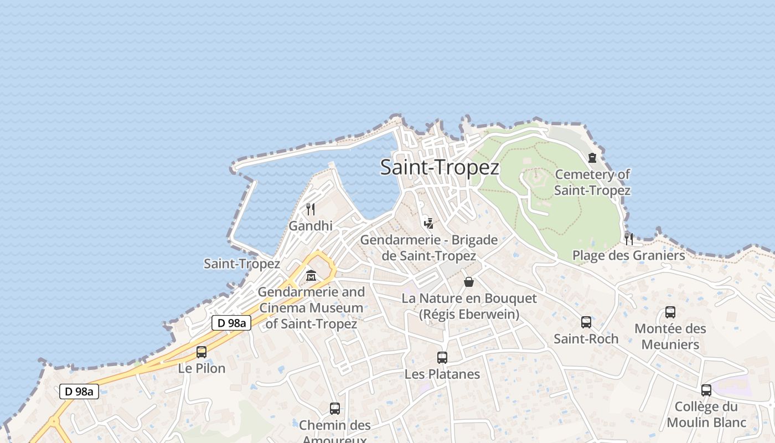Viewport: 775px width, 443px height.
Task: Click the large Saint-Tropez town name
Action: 440,167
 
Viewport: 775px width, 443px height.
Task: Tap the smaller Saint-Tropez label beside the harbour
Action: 241,264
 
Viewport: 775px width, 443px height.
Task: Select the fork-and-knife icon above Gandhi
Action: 311,209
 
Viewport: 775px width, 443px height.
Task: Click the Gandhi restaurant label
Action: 311,226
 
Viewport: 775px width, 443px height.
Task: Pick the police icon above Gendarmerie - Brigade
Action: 428,223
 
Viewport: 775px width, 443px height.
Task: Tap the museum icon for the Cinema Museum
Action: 311,275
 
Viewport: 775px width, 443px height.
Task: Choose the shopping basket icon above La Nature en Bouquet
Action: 469,282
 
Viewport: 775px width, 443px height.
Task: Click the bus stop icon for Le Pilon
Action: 201,352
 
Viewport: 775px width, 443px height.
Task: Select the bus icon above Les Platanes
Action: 442,357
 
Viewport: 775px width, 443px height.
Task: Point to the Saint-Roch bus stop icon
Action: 586,322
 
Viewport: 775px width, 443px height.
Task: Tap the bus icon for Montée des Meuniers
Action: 670,312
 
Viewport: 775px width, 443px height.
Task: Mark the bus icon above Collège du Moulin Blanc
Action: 706,390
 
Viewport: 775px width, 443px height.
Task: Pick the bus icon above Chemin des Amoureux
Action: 335,409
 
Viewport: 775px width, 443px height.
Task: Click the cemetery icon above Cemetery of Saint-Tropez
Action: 592,158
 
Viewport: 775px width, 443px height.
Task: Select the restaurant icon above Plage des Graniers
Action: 629,239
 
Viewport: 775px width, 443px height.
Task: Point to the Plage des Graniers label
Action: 628,255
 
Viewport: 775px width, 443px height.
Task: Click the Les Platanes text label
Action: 442,374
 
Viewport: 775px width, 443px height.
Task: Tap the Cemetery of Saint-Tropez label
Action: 592,183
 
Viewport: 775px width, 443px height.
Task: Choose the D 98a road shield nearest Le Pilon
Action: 231,323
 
